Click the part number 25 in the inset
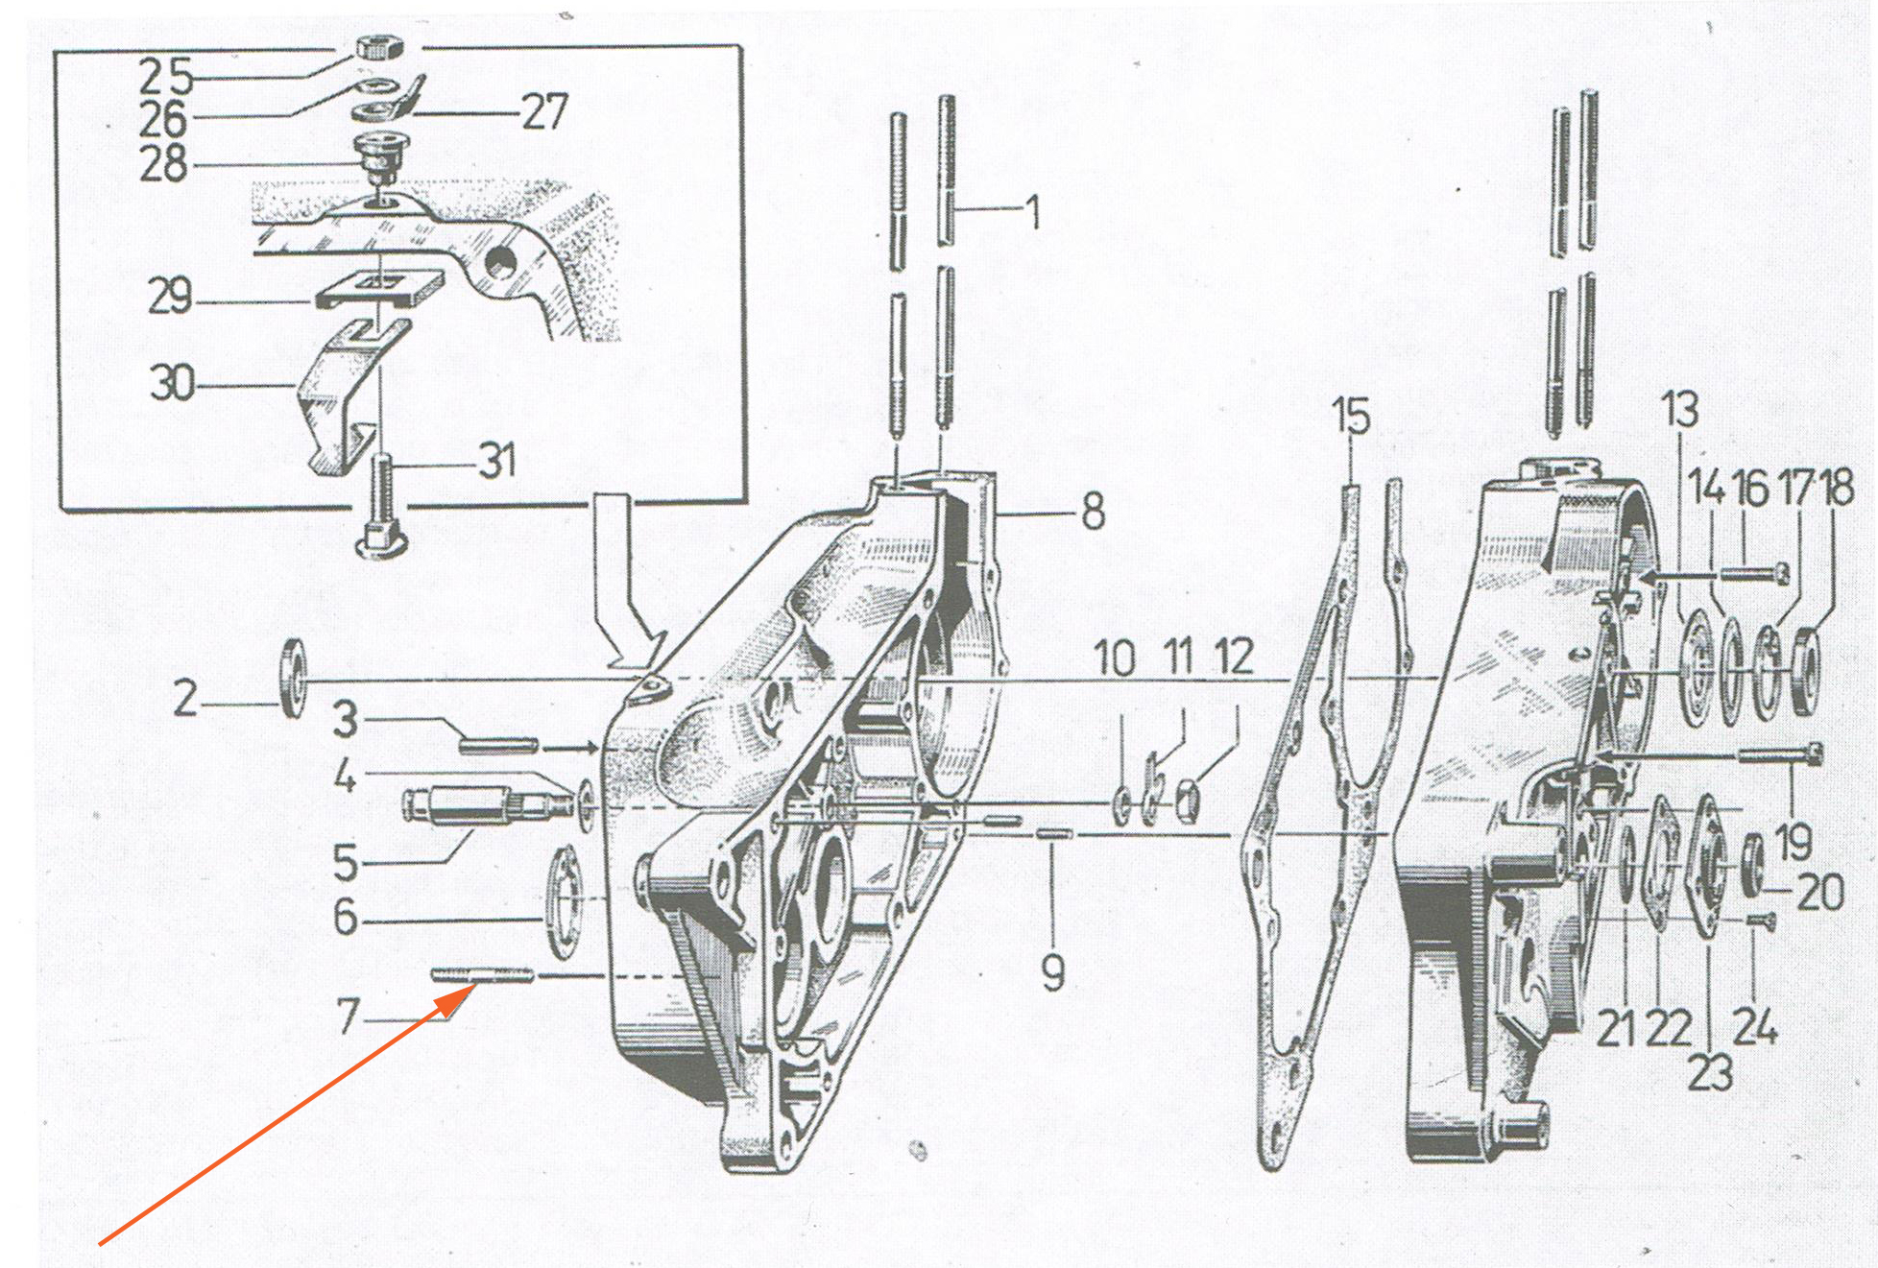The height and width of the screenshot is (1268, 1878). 166,76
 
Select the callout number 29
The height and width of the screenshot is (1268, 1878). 170,296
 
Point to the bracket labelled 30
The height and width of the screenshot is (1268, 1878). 351,398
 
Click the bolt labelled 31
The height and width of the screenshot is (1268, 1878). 383,507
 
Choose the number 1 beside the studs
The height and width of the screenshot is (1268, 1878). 1033,212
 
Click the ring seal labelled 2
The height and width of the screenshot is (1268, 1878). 293,677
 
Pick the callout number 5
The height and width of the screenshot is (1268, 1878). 346,862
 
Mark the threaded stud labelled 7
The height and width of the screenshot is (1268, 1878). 482,975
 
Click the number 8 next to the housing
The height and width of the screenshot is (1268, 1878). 1093,512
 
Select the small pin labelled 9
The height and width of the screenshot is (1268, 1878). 1053,834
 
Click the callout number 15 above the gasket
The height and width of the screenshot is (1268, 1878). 1351,417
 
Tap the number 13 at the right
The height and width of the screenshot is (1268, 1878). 1679,409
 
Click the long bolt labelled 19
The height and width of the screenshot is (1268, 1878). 1781,755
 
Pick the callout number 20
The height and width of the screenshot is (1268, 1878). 1819,892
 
